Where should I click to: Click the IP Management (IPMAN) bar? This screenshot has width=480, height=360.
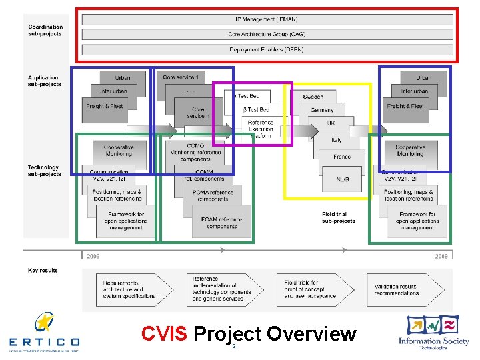(x=267, y=19)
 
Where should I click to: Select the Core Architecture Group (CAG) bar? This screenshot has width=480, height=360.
(x=267, y=34)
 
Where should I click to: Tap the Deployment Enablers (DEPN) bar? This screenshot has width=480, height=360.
(x=267, y=50)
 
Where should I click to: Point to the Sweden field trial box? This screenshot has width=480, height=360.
(x=313, y=97)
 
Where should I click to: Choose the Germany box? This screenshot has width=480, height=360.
(x=322, y=110)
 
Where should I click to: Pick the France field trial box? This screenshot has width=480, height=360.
(x=341, y=157)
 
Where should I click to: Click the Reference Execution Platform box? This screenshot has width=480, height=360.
(x=261, y=129)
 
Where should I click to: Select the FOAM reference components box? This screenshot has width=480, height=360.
(x=222, y=223)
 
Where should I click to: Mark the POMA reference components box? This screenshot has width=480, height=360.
(x=213, y=195)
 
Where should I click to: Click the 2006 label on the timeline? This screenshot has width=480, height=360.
(x=93, y=256)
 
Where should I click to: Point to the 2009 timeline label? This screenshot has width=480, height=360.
(x=441, y=256)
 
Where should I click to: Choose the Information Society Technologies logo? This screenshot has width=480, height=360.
(x=433, y=331)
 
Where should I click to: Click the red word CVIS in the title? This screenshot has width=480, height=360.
(x=165, y=333)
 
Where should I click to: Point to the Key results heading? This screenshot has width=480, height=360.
(x=43, y=271)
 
